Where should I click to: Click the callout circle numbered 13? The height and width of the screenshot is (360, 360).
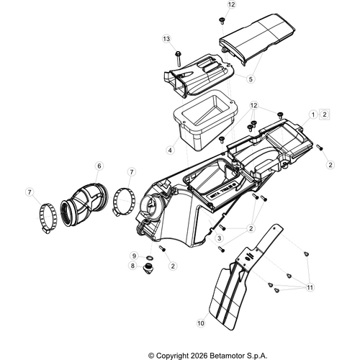click(166, 39)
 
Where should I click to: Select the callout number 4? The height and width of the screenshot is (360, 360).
click(170, 150)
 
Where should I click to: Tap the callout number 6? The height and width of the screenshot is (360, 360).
click(99, 166)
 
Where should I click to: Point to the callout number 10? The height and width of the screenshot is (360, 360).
click(201, 323)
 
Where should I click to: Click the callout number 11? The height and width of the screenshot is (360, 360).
click(310, 287)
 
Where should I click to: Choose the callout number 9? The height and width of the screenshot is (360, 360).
click(134, 256)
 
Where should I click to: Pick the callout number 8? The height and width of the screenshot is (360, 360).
click(132, 266)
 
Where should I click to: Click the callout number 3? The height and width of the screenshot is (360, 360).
click(219, 238)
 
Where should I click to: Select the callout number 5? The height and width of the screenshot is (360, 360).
click(251, 79)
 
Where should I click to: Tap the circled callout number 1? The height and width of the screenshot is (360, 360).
click(313, 114)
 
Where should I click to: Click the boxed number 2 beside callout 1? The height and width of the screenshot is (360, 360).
click(325, 114)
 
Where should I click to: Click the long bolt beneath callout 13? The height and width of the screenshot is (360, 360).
click(178, 58)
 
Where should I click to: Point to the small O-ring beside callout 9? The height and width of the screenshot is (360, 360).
click(150, 258)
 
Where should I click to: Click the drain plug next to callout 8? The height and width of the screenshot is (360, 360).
click(148, 269)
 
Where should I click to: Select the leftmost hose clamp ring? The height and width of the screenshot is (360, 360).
click(48, 218)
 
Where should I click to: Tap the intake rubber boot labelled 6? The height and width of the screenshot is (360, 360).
click(84, 204)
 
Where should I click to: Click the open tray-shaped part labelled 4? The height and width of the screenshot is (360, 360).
click(204, 120)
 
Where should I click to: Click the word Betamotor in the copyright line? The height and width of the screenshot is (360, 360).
click(225, 356)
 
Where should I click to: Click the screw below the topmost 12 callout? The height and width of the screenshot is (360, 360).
click(222, 21)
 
